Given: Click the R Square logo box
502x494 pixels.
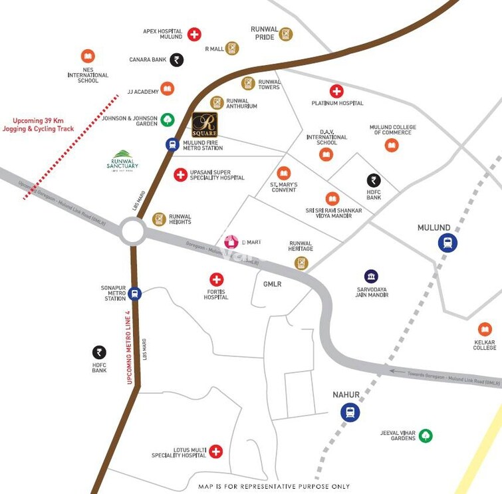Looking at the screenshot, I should tap(205, 124).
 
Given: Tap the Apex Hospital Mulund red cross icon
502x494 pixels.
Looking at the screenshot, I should tap(194, 35).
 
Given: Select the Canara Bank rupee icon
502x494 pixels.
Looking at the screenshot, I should tap(176, 60).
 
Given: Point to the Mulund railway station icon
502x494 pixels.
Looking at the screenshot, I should tap(447, 243).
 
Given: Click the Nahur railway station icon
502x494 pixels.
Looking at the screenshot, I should tap(350, 412).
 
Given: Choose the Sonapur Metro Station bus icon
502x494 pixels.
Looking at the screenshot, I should tap(135, 293).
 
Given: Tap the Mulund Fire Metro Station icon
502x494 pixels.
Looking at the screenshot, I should tap(172, 144).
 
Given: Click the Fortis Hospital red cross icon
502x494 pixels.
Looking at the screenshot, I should tap(216, 280).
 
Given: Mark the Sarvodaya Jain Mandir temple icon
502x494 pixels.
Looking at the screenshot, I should tap(371, 276).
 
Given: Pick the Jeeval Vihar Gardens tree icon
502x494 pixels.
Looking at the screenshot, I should tap(426, 435).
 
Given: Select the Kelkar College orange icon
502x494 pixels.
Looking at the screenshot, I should tap(485, 329).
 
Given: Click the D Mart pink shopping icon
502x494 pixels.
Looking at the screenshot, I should tap(231, 242).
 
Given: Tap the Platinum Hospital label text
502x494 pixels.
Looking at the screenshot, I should tap(338, 103).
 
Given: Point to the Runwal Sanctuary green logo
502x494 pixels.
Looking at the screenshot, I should tap(122, 160).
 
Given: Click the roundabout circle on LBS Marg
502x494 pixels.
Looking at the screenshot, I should tap(133, 232).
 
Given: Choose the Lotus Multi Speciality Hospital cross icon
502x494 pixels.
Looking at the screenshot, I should tap(215, 451).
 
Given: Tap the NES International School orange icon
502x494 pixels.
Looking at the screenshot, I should tap(88, 56).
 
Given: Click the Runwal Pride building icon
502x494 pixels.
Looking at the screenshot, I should tap(286, 34).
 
